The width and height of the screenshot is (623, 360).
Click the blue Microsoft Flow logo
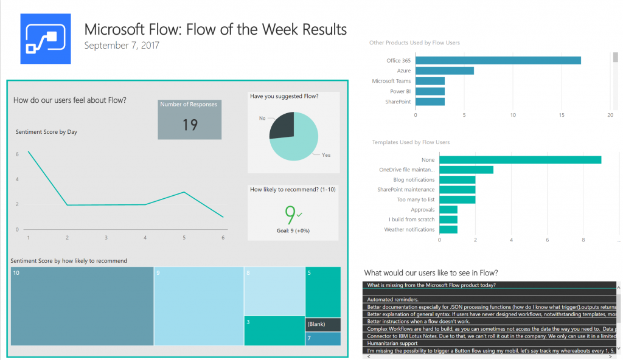(x=46, y=39)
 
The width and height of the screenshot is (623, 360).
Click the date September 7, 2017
(x=122, y=46)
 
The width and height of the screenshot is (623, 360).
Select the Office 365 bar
(x=498, y=60)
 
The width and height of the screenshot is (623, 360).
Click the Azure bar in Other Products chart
(x=444, y=71)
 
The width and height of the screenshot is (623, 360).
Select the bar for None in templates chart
(x=520, y=159)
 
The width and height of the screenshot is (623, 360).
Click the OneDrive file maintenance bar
(x=466, y=170)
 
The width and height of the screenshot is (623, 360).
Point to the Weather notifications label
(x=409, y=230)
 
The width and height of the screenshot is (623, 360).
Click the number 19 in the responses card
(x=190, y=125)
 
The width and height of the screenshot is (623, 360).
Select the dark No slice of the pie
(x=281, y=125)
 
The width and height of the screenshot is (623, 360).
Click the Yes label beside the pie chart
(x=326, y=155)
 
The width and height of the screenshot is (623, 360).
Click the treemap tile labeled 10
(x=82, y=306)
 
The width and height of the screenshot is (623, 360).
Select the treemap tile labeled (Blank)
(x=322, y=324)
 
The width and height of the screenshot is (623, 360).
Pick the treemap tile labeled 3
(x=274, y=330)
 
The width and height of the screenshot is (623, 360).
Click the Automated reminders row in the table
(x=392, y=300)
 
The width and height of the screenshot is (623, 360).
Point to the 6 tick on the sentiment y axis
(x=17, y=154)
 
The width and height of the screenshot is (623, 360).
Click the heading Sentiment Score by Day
(x=46, y=132)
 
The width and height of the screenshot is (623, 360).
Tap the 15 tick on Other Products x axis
(x=562, y=114)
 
